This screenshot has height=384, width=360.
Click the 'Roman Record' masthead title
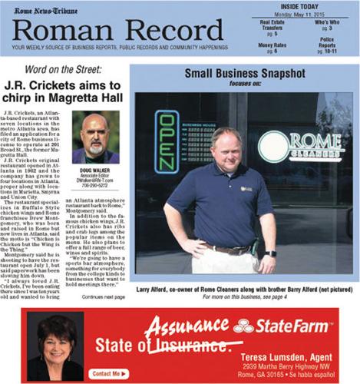(x=118, y=31)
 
